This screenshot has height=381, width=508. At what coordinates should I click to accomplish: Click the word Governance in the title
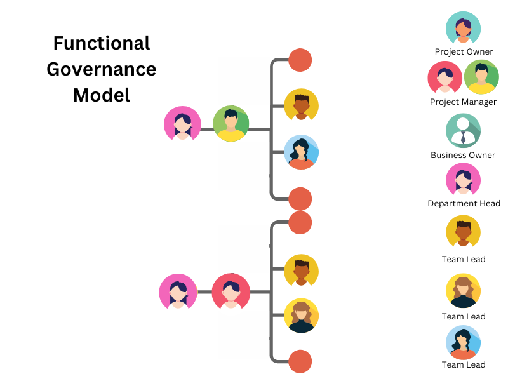102,69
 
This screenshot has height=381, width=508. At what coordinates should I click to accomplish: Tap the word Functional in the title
102,43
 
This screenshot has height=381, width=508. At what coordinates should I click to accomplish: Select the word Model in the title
102,95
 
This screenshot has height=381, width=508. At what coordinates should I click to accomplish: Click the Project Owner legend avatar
463,29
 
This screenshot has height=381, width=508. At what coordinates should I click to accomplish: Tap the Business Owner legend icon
463,131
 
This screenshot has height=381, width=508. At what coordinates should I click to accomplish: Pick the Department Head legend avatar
463,180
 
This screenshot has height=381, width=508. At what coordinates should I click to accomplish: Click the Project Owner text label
464,51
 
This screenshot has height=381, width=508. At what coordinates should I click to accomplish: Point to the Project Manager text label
463,102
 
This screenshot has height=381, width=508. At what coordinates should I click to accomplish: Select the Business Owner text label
463,155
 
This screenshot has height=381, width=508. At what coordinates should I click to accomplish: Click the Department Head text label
464,203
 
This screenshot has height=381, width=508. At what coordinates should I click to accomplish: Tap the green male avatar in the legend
481,77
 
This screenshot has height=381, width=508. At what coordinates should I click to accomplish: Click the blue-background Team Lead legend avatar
463,343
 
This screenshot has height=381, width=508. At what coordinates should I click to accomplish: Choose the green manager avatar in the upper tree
231,123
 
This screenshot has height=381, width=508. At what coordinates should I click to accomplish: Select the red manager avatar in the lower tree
231,291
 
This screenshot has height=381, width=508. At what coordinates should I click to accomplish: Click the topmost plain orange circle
300,60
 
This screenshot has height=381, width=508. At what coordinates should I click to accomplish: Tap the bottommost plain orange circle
300,361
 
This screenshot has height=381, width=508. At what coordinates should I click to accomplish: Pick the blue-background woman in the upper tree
301,152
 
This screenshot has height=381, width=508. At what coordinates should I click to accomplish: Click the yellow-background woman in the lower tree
301,316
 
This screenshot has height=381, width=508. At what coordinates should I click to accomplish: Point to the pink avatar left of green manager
182,123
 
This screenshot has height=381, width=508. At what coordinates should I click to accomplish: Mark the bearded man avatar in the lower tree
301,271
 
